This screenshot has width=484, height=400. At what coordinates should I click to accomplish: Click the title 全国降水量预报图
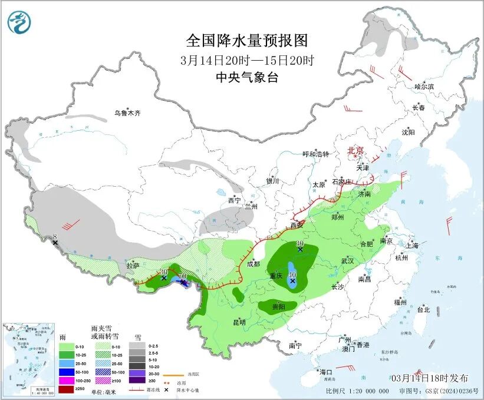click(x=246, y=40)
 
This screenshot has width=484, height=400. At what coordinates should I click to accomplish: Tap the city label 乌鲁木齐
click(x=128, y=113)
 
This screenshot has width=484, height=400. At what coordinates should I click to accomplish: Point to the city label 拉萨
click(x=133, y=266)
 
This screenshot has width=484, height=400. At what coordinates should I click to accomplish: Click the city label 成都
click(x=253, y=264)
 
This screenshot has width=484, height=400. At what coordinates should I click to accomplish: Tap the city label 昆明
click(x=239, y=322)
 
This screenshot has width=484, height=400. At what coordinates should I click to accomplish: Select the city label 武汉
click(x=347, y=260)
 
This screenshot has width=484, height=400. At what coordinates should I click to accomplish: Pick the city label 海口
click(x=325, y=372)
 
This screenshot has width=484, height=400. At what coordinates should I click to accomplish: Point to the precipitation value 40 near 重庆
click(x=292, y=274)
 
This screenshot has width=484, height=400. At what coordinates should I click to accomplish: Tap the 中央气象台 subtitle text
click(x=246, y=77)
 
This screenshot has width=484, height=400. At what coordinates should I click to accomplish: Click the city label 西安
click(x=296, y=224)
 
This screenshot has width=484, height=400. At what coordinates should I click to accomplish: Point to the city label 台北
click(x=423, y=309)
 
